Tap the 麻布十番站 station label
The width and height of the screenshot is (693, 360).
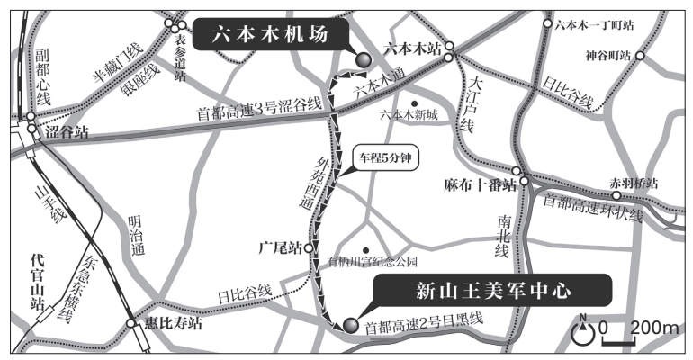point(480,186)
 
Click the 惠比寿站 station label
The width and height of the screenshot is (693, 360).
point(171,326)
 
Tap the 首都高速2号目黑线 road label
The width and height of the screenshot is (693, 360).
point(424,320)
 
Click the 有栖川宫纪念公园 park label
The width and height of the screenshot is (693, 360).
point(374,262)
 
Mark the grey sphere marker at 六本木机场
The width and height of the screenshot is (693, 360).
point(364,60)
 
